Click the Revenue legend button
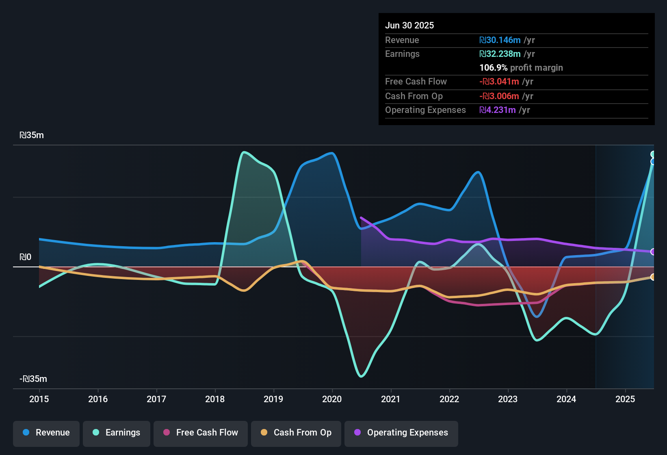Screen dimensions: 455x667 coord(46,433)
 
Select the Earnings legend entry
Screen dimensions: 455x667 coord(117,433)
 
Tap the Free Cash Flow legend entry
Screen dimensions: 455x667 coord(201,433)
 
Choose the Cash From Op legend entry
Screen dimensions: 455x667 coord(296,433)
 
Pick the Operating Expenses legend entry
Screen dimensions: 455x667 coord(401,433)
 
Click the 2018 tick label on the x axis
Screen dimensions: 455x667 coord(215,399)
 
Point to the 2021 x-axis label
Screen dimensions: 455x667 coord(391,399)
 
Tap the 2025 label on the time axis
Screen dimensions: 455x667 coord(625,399)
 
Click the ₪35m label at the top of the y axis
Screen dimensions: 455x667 coord(32,135)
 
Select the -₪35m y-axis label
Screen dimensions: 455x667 coord(33,379)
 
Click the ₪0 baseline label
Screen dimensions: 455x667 coord(25,257)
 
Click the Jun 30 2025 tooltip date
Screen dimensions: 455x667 coord(409,25)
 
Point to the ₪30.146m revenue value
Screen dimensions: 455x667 coord(500,40)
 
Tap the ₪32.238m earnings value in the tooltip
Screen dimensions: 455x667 coord(500,54)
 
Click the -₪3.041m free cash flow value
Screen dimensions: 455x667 coord(499,82)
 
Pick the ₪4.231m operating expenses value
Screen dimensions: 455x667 coord(498,110)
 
